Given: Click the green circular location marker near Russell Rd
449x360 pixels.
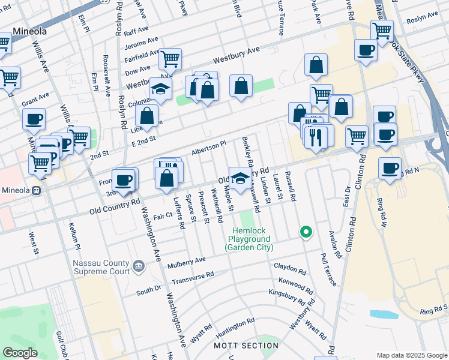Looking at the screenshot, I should pos(306,232).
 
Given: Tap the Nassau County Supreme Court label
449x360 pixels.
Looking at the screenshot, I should pos(101,267).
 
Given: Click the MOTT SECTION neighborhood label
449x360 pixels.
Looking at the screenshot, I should pos(246,346).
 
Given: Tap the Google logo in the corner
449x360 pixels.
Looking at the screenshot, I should pos(20,353).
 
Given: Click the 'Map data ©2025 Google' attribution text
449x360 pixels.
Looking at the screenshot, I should pos(411,355).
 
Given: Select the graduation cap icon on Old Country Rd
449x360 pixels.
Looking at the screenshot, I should pos(240,178).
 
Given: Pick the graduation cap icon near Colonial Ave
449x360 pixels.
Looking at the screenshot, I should pos(160,89).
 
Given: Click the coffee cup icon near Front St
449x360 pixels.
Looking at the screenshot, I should pos(124,179).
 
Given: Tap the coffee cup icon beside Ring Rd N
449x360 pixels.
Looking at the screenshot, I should pos(390,168).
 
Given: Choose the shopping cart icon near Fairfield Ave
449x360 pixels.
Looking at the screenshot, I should pos(170,59).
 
